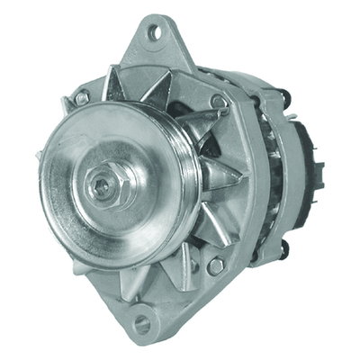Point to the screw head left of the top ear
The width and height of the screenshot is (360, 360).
pos(82,95)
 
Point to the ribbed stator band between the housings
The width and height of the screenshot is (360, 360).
pos(265,171)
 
